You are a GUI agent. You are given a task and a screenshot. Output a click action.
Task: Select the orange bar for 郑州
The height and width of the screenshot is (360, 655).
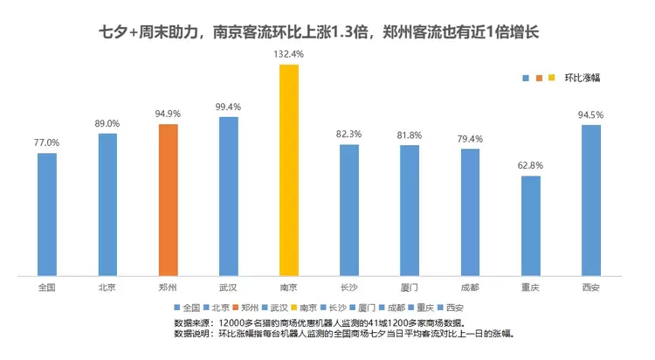click(x=168, y=201)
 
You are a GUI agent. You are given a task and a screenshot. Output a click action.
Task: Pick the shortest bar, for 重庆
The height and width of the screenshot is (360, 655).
click(x=531, y=227)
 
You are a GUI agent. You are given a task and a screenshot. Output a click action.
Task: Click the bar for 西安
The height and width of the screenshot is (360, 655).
click(x=591, y=201)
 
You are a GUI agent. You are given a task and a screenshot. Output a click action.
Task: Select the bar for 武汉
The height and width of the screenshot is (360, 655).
click(x=229, y=197)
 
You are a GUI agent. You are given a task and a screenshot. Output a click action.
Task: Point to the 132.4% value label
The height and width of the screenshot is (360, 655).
click(x=288, y=54)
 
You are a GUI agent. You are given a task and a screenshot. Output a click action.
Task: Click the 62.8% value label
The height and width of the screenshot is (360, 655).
click(x=531, y=165)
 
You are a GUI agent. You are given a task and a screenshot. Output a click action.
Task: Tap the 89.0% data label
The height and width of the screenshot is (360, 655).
click(x=107, y=123)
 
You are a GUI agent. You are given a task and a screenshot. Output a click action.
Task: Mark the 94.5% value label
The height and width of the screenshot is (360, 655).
click(x=591, y=114)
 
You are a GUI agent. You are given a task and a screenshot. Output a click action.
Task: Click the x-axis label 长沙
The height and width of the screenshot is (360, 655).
click(x=349, y=287)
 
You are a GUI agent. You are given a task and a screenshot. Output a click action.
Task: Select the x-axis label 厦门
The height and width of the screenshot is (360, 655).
click(x=410, y=287)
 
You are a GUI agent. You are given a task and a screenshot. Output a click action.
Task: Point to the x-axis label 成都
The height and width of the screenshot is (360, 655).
click(x=470, y=287)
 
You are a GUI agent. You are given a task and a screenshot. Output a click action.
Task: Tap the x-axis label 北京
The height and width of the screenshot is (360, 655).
click(x=107, y=287)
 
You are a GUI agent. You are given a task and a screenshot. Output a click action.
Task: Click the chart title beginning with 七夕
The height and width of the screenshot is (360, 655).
click(x=327, y=31)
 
